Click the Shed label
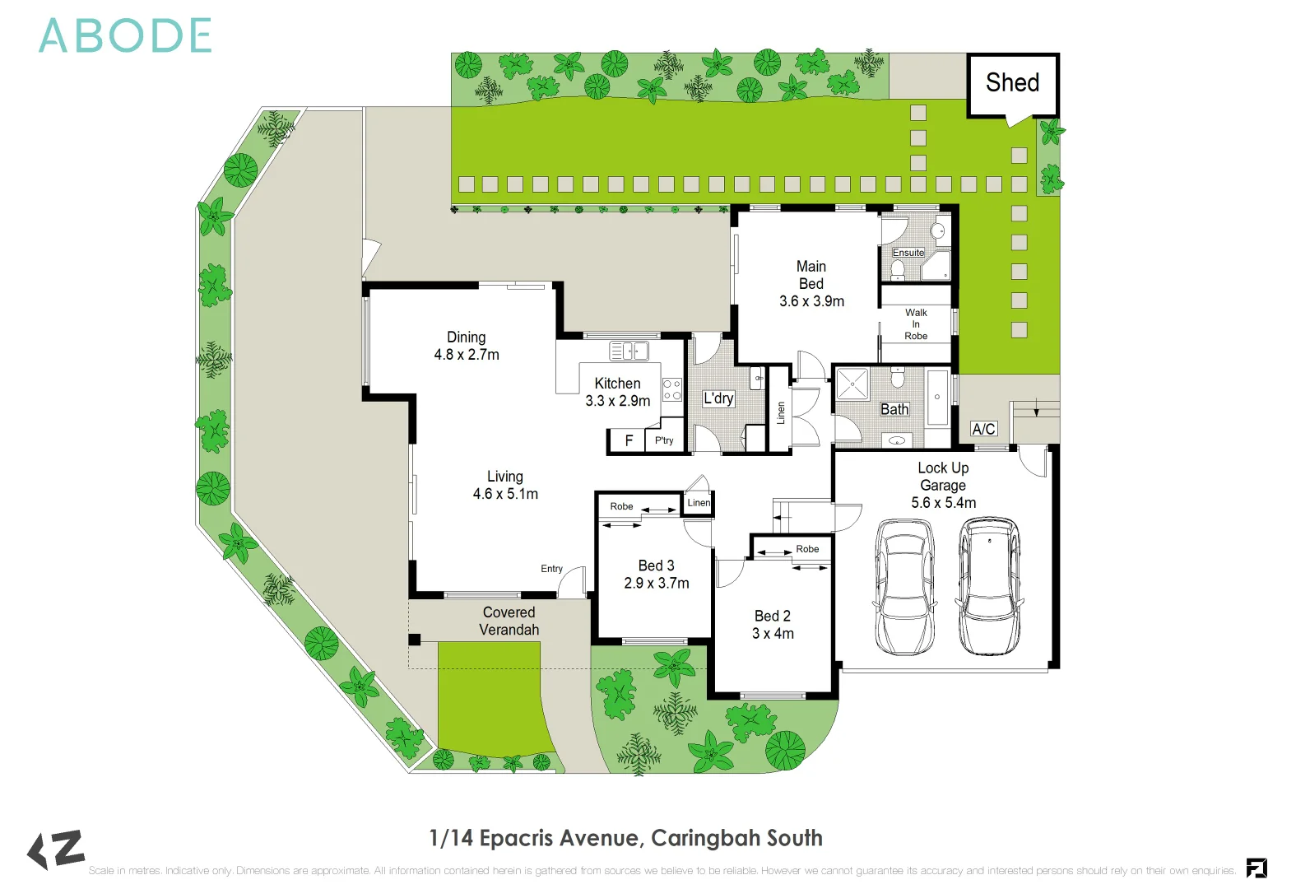point(1012,83)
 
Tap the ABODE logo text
point(125,37)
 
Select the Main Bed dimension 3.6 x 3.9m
point(811,301)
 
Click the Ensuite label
point(908,253)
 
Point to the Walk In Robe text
point(916,324)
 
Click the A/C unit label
point(983,429)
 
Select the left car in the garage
point(903,586)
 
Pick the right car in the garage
point(990,585)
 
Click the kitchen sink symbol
point(629,351)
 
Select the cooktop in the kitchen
point(672,389)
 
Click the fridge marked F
point(629,441)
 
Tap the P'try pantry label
point(664,440)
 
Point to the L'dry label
point(718,398)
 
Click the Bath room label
point(894,409)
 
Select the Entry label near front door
point(551,569)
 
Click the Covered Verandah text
point(509,621)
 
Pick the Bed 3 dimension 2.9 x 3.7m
point(657,583)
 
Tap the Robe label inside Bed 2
point(807,549)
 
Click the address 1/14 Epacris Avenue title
point(625,838)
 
